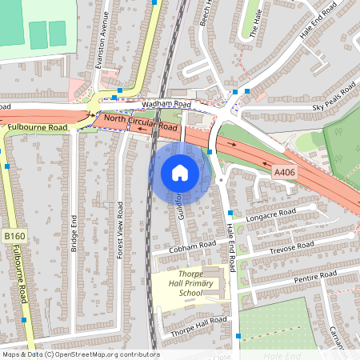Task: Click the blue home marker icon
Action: pyautogui.click(x=180, y=173)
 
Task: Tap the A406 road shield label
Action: pyautogui.click(x=285, y=172)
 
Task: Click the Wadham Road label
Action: pyautogui.click(x=166, y=105)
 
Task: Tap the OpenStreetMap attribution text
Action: pyautogui.click(x=80, y=354)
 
